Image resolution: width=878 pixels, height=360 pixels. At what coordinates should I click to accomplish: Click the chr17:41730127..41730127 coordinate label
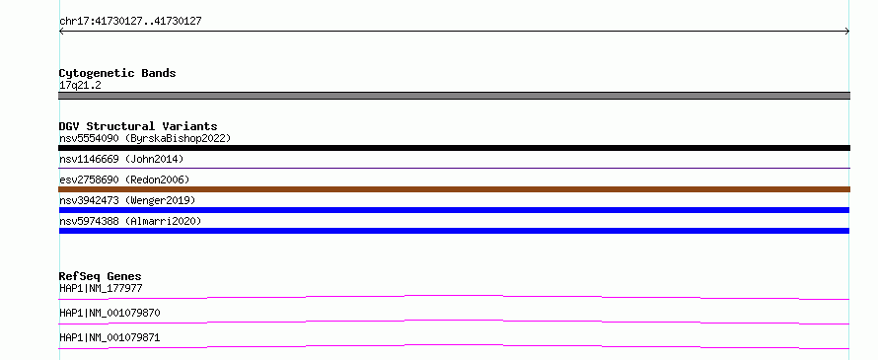(130, 22)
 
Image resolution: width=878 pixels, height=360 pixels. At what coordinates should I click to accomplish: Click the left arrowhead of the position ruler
(61, 32)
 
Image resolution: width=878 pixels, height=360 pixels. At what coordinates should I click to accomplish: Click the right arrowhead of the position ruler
(847, 32)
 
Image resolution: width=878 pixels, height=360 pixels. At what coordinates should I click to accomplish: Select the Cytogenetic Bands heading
(117, 73)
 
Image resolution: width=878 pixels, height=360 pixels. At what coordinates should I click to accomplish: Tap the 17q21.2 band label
(80, 86)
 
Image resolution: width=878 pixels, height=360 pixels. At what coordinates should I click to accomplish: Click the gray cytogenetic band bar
(454, 96)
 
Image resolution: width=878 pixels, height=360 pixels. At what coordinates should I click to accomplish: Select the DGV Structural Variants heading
(138, 126)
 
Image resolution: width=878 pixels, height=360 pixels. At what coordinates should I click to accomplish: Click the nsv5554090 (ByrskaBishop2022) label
(145, 138)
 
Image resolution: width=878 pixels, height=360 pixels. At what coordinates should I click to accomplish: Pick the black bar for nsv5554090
(454, 148)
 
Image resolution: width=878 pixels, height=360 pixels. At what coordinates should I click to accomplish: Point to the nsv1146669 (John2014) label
(121, 159)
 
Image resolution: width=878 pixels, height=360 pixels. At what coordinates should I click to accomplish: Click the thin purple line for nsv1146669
(454, 168)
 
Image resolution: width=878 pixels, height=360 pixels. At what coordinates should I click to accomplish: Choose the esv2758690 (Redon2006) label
(124, 180)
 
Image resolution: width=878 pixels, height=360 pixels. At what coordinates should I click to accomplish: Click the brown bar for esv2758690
(454, 189)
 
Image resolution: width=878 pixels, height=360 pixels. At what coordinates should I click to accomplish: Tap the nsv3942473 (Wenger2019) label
(127, 200)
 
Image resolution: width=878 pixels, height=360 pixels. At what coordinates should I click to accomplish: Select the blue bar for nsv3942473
(454, 210)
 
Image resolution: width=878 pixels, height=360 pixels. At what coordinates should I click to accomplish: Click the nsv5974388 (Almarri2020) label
(130, 221)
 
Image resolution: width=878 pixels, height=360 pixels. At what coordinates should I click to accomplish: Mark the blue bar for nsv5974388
(454, 231)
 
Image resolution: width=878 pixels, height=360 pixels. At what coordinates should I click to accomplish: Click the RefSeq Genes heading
(101, 276)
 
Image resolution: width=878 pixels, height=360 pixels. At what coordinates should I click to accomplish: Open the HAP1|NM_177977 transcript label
(101, 289)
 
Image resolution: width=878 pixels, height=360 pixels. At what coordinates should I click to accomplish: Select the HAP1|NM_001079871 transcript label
(110, 338)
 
